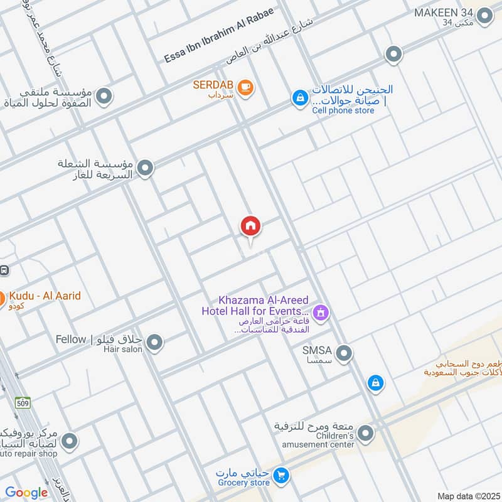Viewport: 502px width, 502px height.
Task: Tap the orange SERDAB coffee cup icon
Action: tap(245, 87)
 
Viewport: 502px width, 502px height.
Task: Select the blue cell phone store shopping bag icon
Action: tap(300, 98)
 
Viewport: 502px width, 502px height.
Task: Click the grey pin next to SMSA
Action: tap(343, 354)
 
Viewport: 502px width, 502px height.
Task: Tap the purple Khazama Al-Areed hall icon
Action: tap(321, 312)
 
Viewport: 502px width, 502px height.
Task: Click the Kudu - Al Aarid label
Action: tap(45, 296)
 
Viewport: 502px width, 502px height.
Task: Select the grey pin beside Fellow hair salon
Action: tap(154, 343)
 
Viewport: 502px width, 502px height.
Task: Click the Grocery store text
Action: tap(243, 483)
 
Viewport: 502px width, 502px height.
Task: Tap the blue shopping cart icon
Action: tap(281, 476)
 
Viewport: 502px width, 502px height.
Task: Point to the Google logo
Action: tap(26, 493)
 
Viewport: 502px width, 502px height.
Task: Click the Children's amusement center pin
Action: tap(366, 433)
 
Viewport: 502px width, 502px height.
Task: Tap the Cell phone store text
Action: tap(343, 110)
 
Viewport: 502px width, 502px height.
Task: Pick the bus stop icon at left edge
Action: tap(3, 270)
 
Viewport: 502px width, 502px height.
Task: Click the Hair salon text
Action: tap(124, 350)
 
